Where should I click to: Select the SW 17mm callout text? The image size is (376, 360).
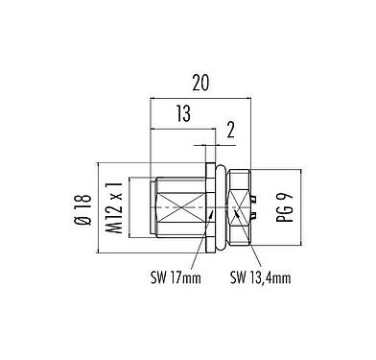[x=178, y=280]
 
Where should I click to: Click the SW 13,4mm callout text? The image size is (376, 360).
[x=261, y=280]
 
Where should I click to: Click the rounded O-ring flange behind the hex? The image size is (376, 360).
[x=221, y=207]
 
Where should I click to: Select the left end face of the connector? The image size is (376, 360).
[x=153, y=207]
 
